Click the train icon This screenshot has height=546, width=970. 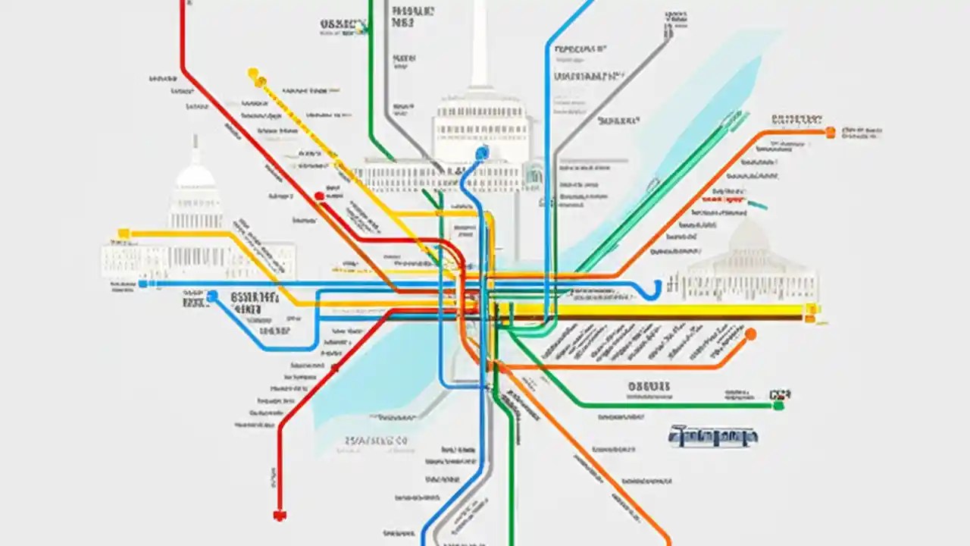tap(713, 436)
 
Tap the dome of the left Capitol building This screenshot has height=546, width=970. tap(196, 177)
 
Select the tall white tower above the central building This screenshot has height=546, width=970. tap(480, 45)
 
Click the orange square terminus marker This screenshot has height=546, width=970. tap(830, 132)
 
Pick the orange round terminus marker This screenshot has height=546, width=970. tap(750, 334)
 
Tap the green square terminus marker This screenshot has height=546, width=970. tap(777, 406)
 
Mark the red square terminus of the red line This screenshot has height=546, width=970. tap(280, 516)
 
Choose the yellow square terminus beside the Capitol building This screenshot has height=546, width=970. tap(124, 233)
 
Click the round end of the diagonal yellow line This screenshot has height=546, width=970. tap(253, 74)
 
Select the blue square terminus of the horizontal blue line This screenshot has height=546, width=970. tap(142, 284)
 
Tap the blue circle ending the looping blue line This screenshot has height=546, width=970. tap(211, 296)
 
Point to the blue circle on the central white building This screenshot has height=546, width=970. tap(481, 153)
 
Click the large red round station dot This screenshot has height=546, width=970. tap(319, 196)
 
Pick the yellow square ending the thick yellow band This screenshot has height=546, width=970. tap(812, 309)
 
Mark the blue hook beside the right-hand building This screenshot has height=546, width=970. tap(653, 288)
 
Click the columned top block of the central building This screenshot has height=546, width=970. tap(480, 121)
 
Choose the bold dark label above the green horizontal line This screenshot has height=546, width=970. tap(649, 387)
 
